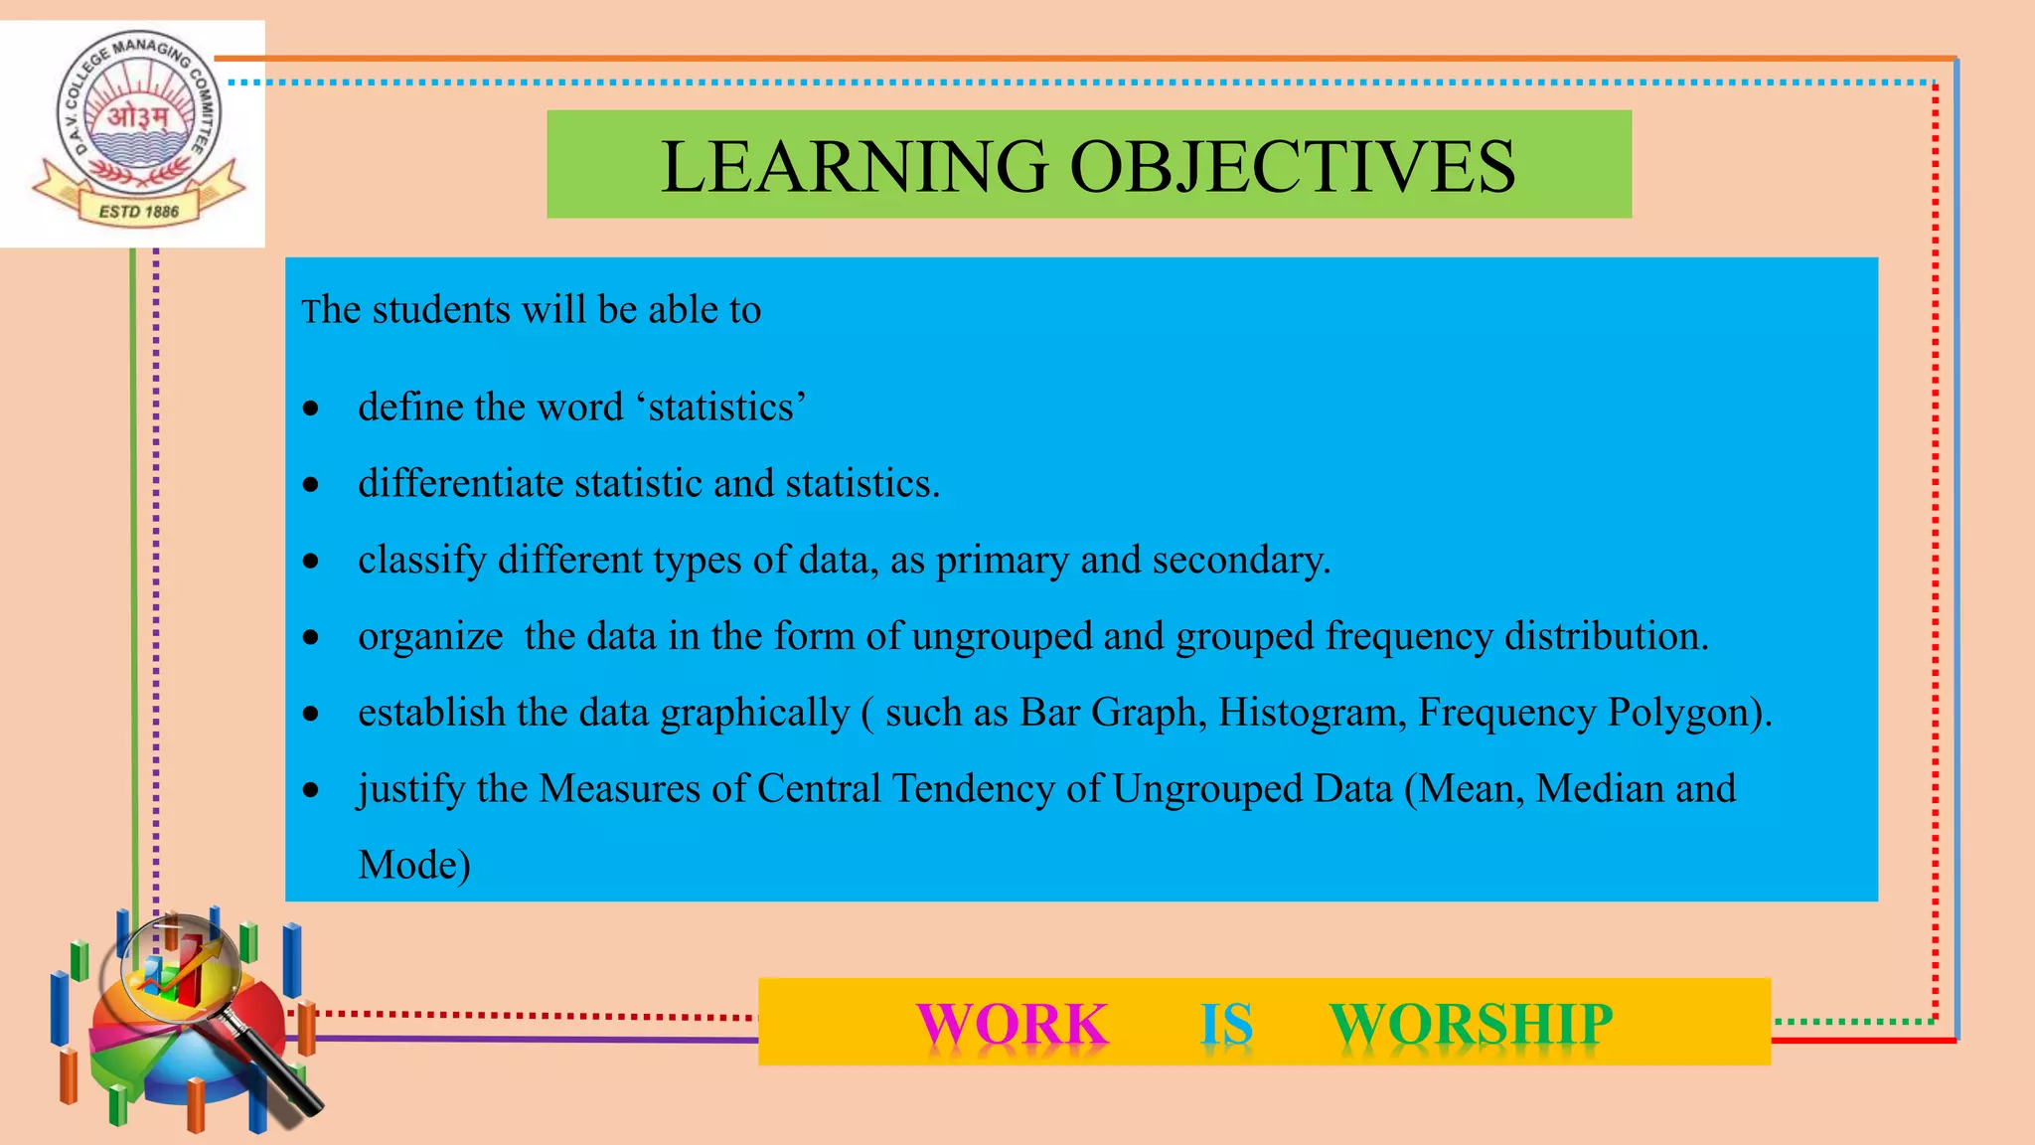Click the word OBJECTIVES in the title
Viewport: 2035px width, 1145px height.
(x=1293, y=166)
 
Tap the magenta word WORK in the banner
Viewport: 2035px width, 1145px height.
(x=1012, y=1024)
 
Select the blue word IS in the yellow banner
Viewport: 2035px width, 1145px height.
(x=1226, y=1024)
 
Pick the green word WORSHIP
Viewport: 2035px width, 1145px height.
(x=1471, y=1024)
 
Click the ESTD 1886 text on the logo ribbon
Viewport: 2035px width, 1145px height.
(x=138, y=212)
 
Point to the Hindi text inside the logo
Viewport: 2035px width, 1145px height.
(x=138, y=118)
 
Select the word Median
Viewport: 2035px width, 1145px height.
(x=1600, y=789)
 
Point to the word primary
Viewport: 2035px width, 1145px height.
(x=1002, y=561)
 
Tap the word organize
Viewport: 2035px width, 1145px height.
(x=430, y=637)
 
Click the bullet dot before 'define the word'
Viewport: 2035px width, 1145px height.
(x=312, y=409)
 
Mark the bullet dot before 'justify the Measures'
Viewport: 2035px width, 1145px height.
(x=312, y=791)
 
